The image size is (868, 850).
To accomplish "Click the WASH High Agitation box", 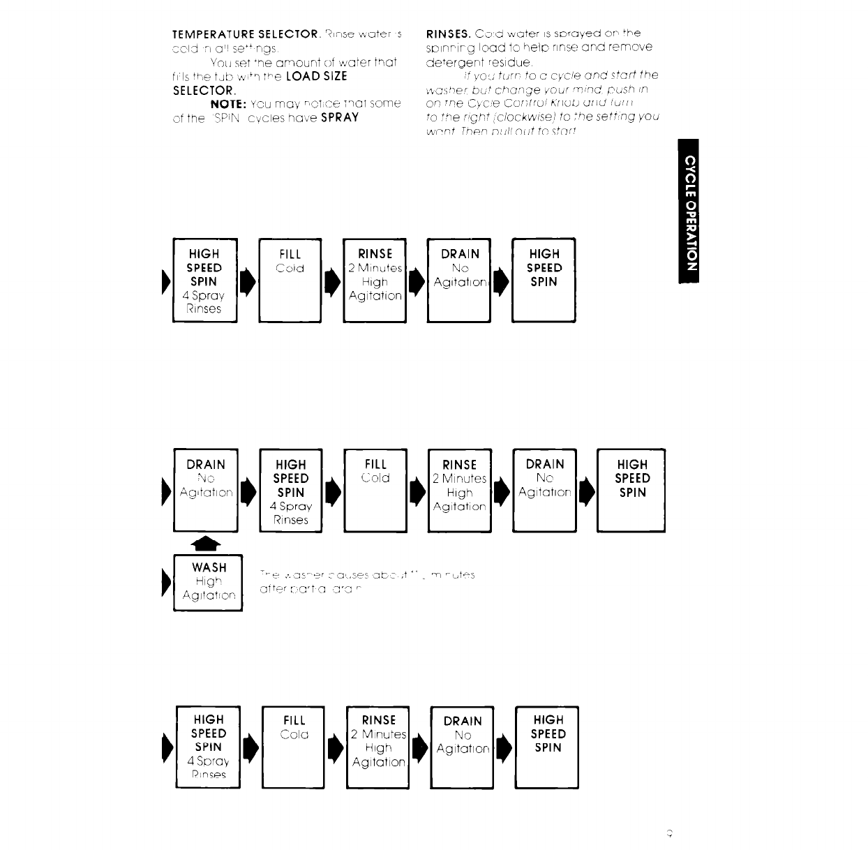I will [207, 582].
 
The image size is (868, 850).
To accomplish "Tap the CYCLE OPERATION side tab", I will [689, 211].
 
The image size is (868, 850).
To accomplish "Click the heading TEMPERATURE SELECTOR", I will [246, 33].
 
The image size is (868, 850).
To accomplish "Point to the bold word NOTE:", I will [228, 103].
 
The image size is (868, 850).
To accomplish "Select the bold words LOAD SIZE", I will [316, 76].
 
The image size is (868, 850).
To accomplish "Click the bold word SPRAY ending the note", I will [336, 117].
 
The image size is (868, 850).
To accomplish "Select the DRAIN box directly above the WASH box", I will [206, 490].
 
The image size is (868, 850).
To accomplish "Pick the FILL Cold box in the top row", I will [290, 280].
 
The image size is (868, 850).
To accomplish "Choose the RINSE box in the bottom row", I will [378, 747].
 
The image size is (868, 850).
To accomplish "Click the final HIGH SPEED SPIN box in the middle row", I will [631, 490].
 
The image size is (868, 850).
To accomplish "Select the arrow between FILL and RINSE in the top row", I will [332, 281].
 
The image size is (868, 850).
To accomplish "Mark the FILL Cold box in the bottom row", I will [293, 747].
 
